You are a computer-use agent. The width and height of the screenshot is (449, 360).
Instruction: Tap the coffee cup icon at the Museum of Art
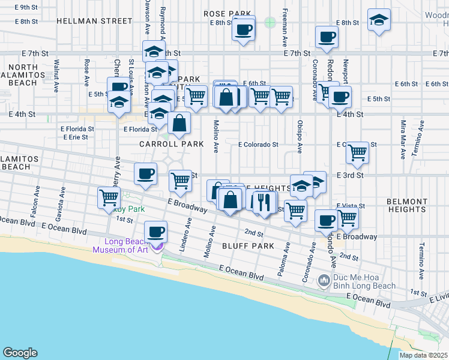tap(157, 230)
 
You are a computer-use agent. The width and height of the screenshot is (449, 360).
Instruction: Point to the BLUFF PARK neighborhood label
tap(248, 246)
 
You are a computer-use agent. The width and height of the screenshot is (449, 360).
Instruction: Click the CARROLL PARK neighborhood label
tap(172, 144)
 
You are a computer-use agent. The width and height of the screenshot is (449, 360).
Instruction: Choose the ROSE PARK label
tap(227, 13)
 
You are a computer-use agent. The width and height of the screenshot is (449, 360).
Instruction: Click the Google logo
tap(20, 352)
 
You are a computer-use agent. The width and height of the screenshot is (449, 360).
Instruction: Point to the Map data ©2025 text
tap(423, 355)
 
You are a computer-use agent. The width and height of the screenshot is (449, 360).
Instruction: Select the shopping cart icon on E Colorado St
tap(358, 153)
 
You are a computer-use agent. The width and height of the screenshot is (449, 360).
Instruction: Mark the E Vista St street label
tap(351, 206)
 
